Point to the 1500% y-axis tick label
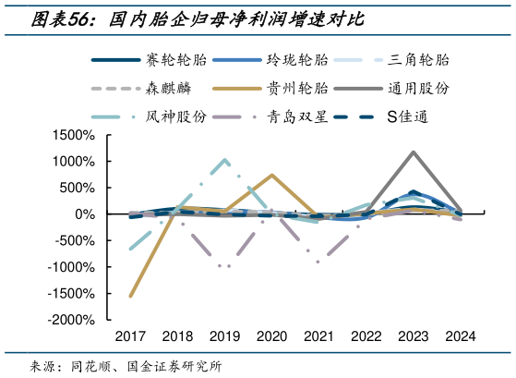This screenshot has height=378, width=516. point(74,135)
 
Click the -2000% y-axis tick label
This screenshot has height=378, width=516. point(72,320)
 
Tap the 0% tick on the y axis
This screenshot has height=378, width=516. point(84,214)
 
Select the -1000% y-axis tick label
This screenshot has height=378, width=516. point(72,267)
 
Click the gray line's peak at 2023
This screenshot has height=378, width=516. point(413,152)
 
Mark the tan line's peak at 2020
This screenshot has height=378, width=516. point(271,175)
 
